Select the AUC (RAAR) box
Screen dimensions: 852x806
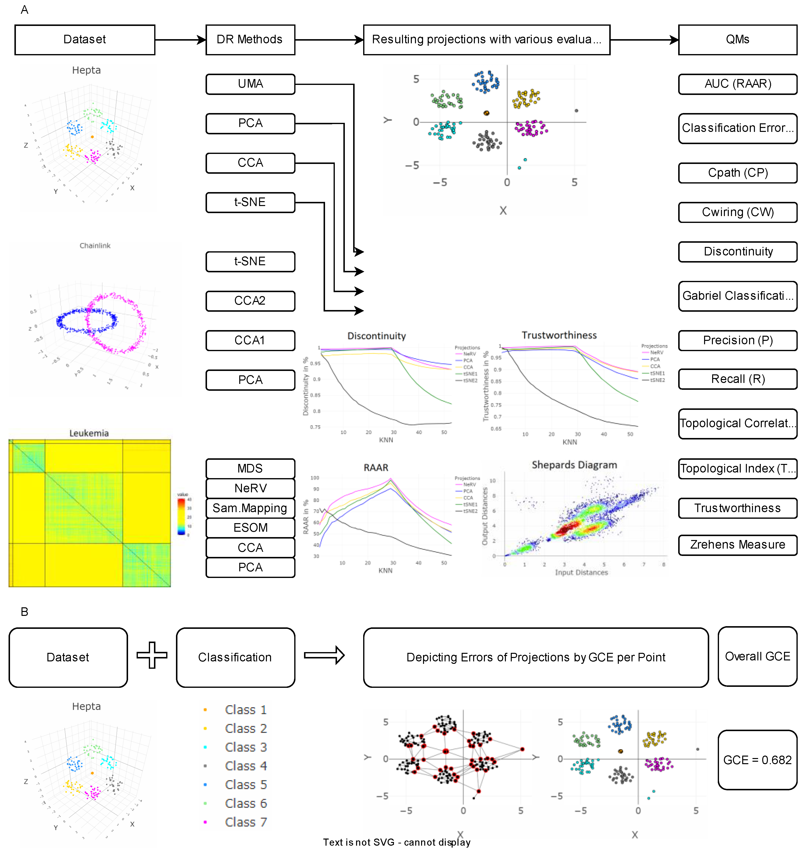(x=737, y=84)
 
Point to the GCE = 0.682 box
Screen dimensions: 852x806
(x=757, y=760)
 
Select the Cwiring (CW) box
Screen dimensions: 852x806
(x=737, y=212)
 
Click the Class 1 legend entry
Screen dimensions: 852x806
(x=246, y=710)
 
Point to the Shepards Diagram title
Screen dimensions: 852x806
(x=574, y=465)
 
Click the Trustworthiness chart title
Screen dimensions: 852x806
(x=559, y=335)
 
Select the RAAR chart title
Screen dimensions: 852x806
(x=376, y=468)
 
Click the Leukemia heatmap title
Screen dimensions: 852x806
(x=89, y=433)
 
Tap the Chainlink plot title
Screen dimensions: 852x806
(x=95, y=246)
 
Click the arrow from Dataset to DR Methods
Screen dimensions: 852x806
(x=180, y=40)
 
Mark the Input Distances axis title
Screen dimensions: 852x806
(x=581, y=572)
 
